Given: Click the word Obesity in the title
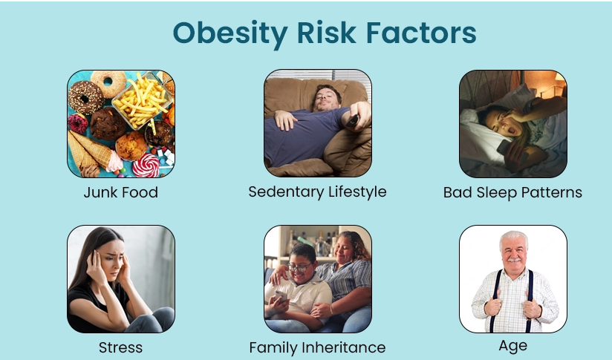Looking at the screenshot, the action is pos(230,34).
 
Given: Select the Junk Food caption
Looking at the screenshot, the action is pos(120,192).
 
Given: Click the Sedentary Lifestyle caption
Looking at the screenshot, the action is pos(317,192).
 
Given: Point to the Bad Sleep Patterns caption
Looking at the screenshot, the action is pos(512,192).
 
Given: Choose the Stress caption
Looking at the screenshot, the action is pos(120,347).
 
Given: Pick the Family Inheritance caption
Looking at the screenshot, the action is pos(317,347).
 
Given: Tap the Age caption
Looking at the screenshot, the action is pos(513,346).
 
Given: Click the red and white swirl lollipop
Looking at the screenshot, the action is pos(146,165).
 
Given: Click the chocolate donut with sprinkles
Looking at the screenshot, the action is pos(85,97).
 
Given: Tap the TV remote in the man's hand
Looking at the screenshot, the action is pos(353,120).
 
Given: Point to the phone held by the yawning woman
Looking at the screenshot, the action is pos(503,148).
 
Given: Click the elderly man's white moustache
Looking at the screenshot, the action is pos(514,259).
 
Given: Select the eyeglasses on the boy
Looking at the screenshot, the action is pos(299,267).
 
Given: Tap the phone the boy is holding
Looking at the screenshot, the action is pos(280,296).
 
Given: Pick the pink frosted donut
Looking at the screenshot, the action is pos(78,124).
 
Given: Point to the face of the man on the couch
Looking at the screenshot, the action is pos(326,98).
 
